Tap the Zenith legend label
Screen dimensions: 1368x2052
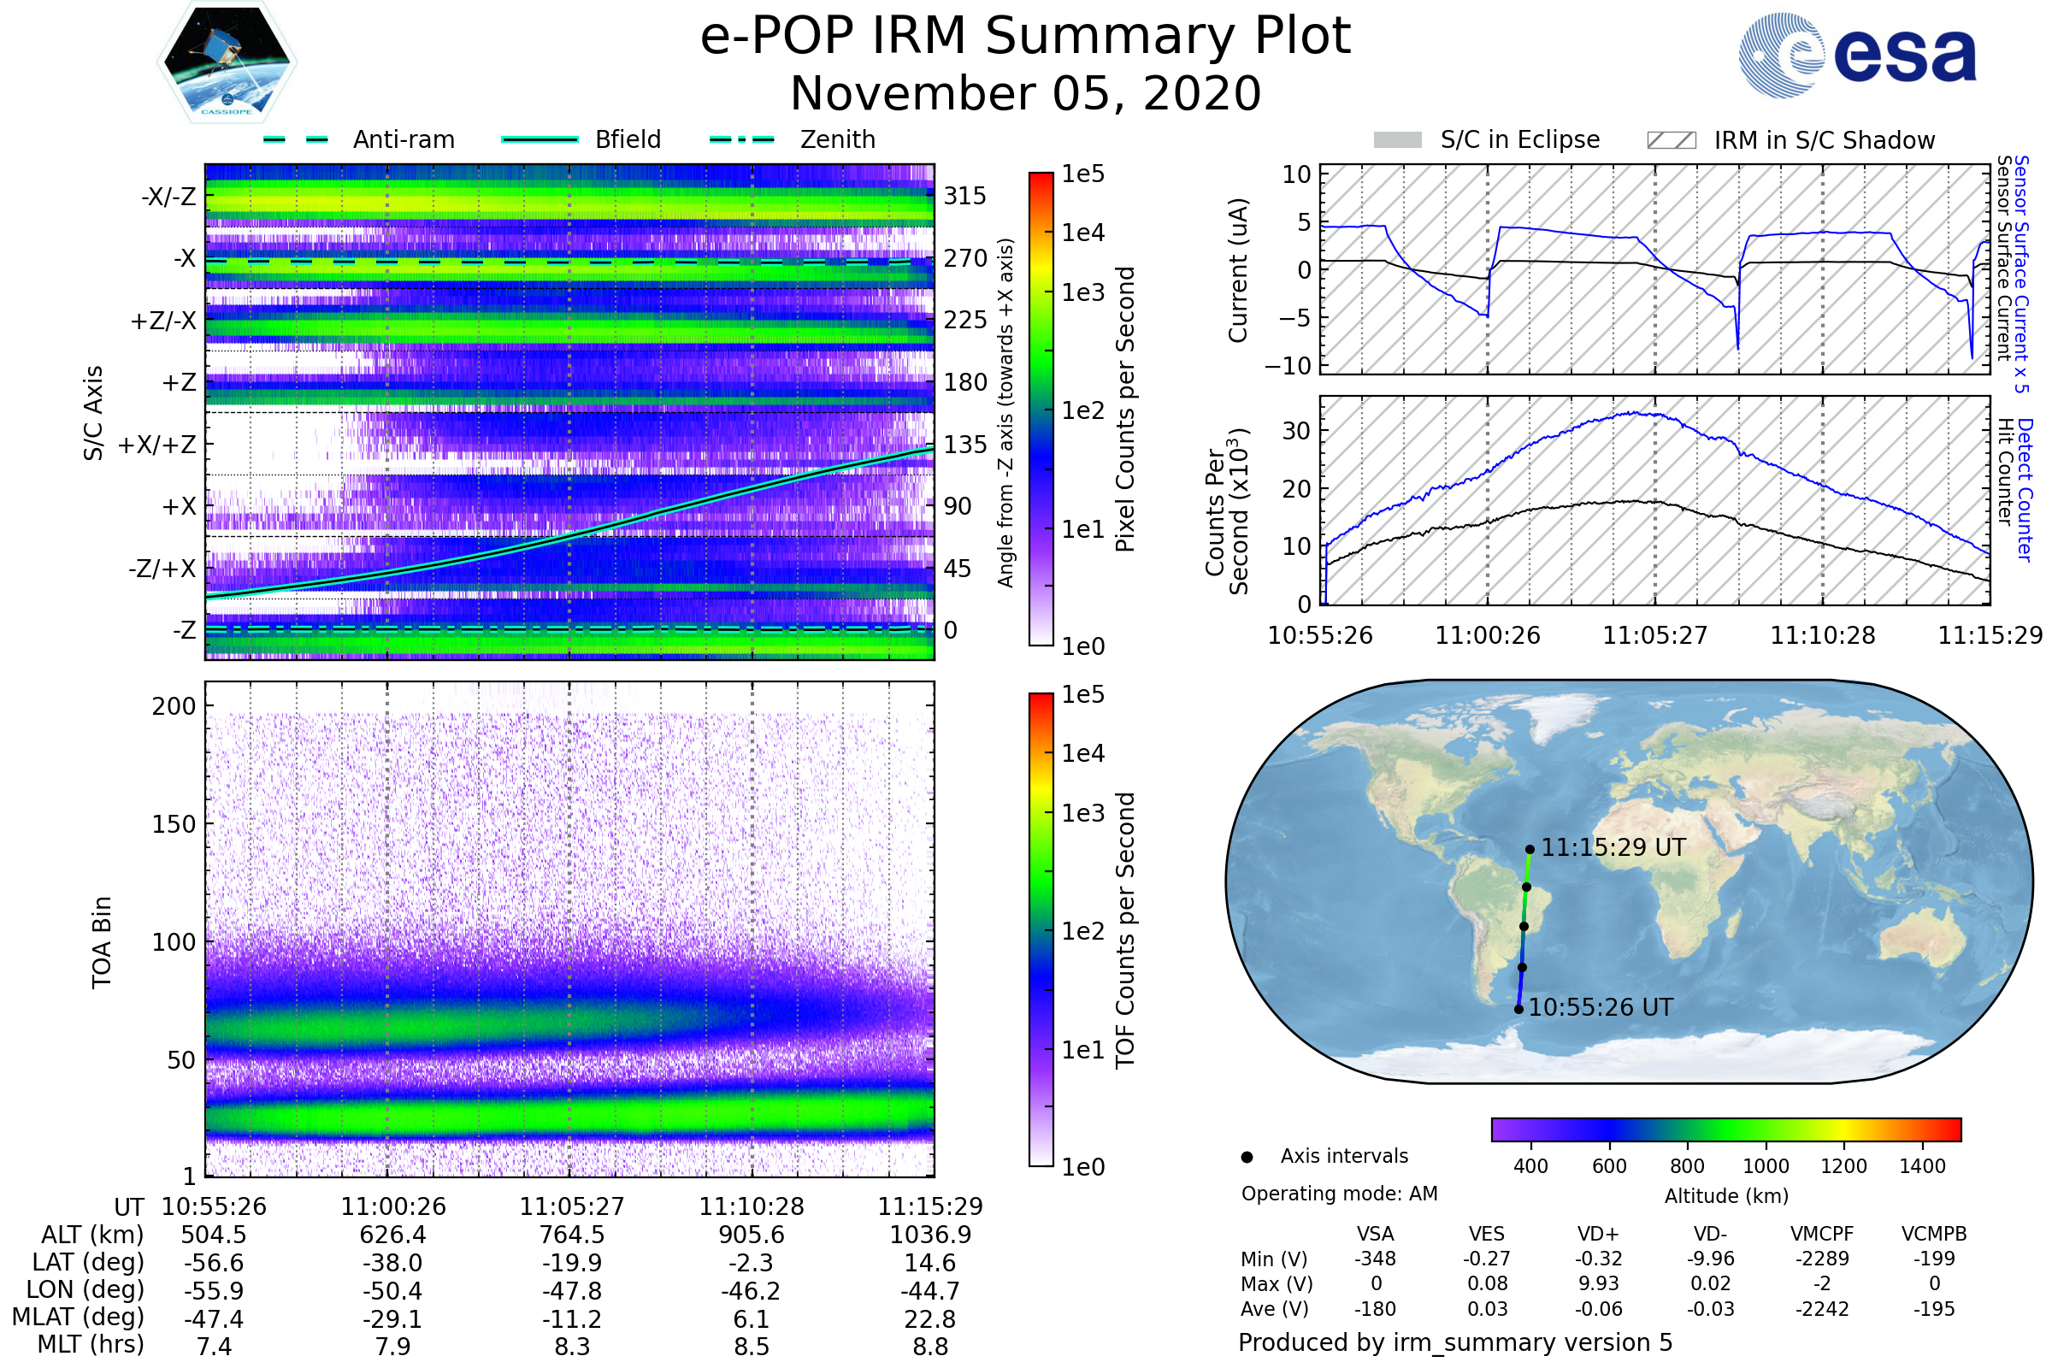[837, 139]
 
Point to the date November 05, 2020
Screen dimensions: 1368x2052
[1025, 94]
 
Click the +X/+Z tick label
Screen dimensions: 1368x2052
[157, 445]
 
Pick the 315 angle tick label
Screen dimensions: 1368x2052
[964, 196]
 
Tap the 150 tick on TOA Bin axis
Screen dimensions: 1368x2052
[174, 824]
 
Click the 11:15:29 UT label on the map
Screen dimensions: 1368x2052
[1613, 847]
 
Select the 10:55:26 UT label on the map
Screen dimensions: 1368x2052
[1600, 1008]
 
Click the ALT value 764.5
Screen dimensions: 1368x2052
[571, 1235]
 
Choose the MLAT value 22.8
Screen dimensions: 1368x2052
[930, 1319]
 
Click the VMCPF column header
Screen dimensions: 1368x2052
[1822, 1235]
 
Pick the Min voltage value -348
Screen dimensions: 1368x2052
[1375, 1259]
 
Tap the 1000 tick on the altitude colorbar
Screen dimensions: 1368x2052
[1765, 1166]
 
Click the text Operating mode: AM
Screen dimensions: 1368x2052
[1339, 1194]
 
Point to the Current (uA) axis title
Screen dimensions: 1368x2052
[1238, 270]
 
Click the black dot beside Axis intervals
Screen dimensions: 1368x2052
[1247, 1157]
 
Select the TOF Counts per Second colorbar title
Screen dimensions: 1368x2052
[1125, 930]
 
